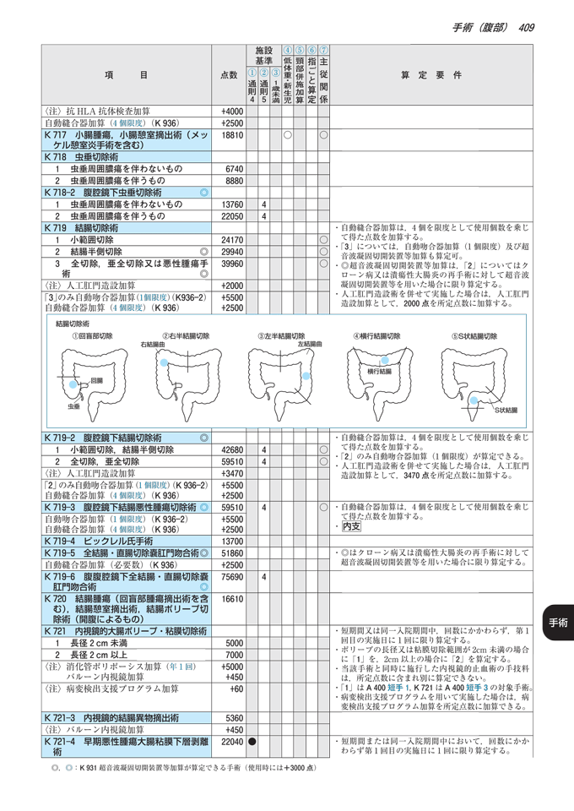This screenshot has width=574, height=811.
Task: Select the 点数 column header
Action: tap(228, 75)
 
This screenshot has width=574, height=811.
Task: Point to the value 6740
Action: tap(235, 169)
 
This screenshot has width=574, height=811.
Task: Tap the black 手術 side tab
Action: tap(557, 623)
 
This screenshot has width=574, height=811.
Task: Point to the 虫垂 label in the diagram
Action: tap(74, 407)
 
